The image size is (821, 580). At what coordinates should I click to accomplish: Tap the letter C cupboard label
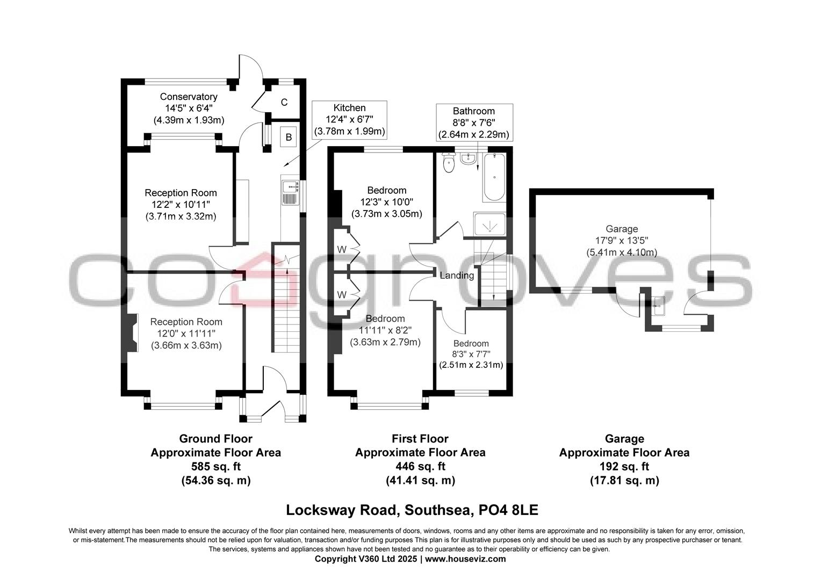284,103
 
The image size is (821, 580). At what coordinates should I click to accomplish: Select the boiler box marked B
289,137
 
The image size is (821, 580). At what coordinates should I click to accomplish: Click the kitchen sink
290,192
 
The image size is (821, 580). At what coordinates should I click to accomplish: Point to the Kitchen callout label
349,119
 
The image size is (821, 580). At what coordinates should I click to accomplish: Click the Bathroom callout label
473,122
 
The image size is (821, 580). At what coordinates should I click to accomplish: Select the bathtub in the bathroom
494,177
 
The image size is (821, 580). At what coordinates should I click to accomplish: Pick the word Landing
457,275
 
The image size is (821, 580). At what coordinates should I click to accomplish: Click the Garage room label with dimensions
622,240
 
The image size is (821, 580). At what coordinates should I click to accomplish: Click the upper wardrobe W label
342,249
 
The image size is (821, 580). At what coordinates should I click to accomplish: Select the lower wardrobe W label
342,295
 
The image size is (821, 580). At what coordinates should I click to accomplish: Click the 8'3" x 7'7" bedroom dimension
471,354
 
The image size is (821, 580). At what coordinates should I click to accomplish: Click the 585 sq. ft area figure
215,466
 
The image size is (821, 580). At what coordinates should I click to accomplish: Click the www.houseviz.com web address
465,559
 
